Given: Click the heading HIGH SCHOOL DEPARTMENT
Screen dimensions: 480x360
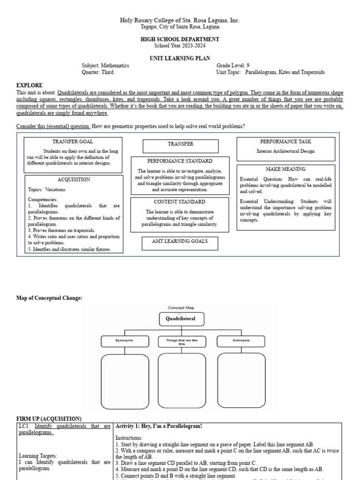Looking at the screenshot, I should (180, 39).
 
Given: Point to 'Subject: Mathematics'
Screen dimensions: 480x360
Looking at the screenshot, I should (105, 66).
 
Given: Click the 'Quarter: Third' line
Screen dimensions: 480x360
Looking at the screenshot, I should (97, 72).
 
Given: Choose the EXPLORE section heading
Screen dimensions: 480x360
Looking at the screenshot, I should (29, 85).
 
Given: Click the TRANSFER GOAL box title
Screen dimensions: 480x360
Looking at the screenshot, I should (73, 141).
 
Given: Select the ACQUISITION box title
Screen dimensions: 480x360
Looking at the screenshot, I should (74, 180).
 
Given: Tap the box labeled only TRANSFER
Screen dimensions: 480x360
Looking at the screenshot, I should (180, 144).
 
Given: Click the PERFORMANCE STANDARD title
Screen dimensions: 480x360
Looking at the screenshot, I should (180, 161).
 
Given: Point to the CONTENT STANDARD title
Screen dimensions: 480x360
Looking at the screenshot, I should (180, 202).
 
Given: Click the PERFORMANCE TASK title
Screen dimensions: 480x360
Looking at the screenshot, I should (285, 141).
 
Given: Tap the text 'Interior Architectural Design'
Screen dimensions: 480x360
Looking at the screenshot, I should (285, 151).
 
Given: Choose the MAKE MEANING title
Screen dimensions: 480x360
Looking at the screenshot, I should (285, 169).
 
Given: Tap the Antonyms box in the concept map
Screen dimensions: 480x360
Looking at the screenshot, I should (240, 341).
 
